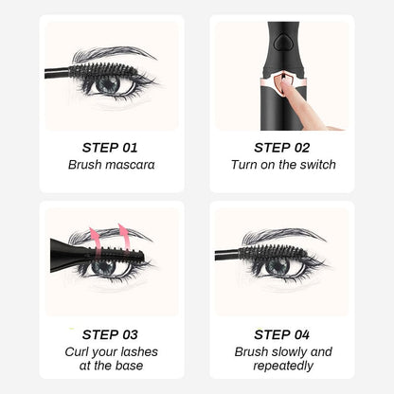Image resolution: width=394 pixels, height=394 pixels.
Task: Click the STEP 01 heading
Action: [x=111, y=147]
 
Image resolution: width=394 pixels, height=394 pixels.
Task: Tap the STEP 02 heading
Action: [x=282, y=147]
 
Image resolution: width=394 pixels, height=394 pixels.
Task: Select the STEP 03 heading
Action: [x=111, y=333]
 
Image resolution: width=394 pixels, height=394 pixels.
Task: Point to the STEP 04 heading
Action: [x=282, y=333]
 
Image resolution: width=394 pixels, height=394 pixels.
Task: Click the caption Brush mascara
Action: [x=111, y=165]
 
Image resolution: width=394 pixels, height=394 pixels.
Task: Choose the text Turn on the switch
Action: [x=282, y=165]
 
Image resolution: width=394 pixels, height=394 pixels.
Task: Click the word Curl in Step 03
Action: [x=81, y=351]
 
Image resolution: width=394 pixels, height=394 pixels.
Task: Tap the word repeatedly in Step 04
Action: [x=282, y=367]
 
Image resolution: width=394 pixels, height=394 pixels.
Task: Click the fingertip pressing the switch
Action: [x=294, y=95]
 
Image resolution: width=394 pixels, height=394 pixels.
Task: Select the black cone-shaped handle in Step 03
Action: [x=68, y=251]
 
